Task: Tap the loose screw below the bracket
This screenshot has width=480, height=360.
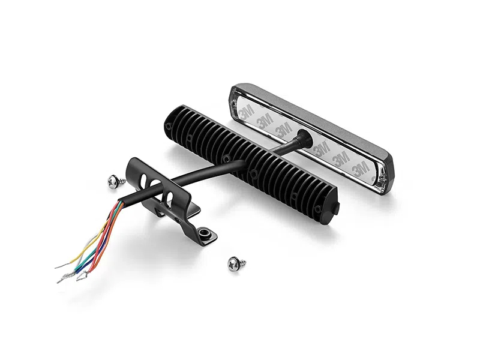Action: pos(236,263)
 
